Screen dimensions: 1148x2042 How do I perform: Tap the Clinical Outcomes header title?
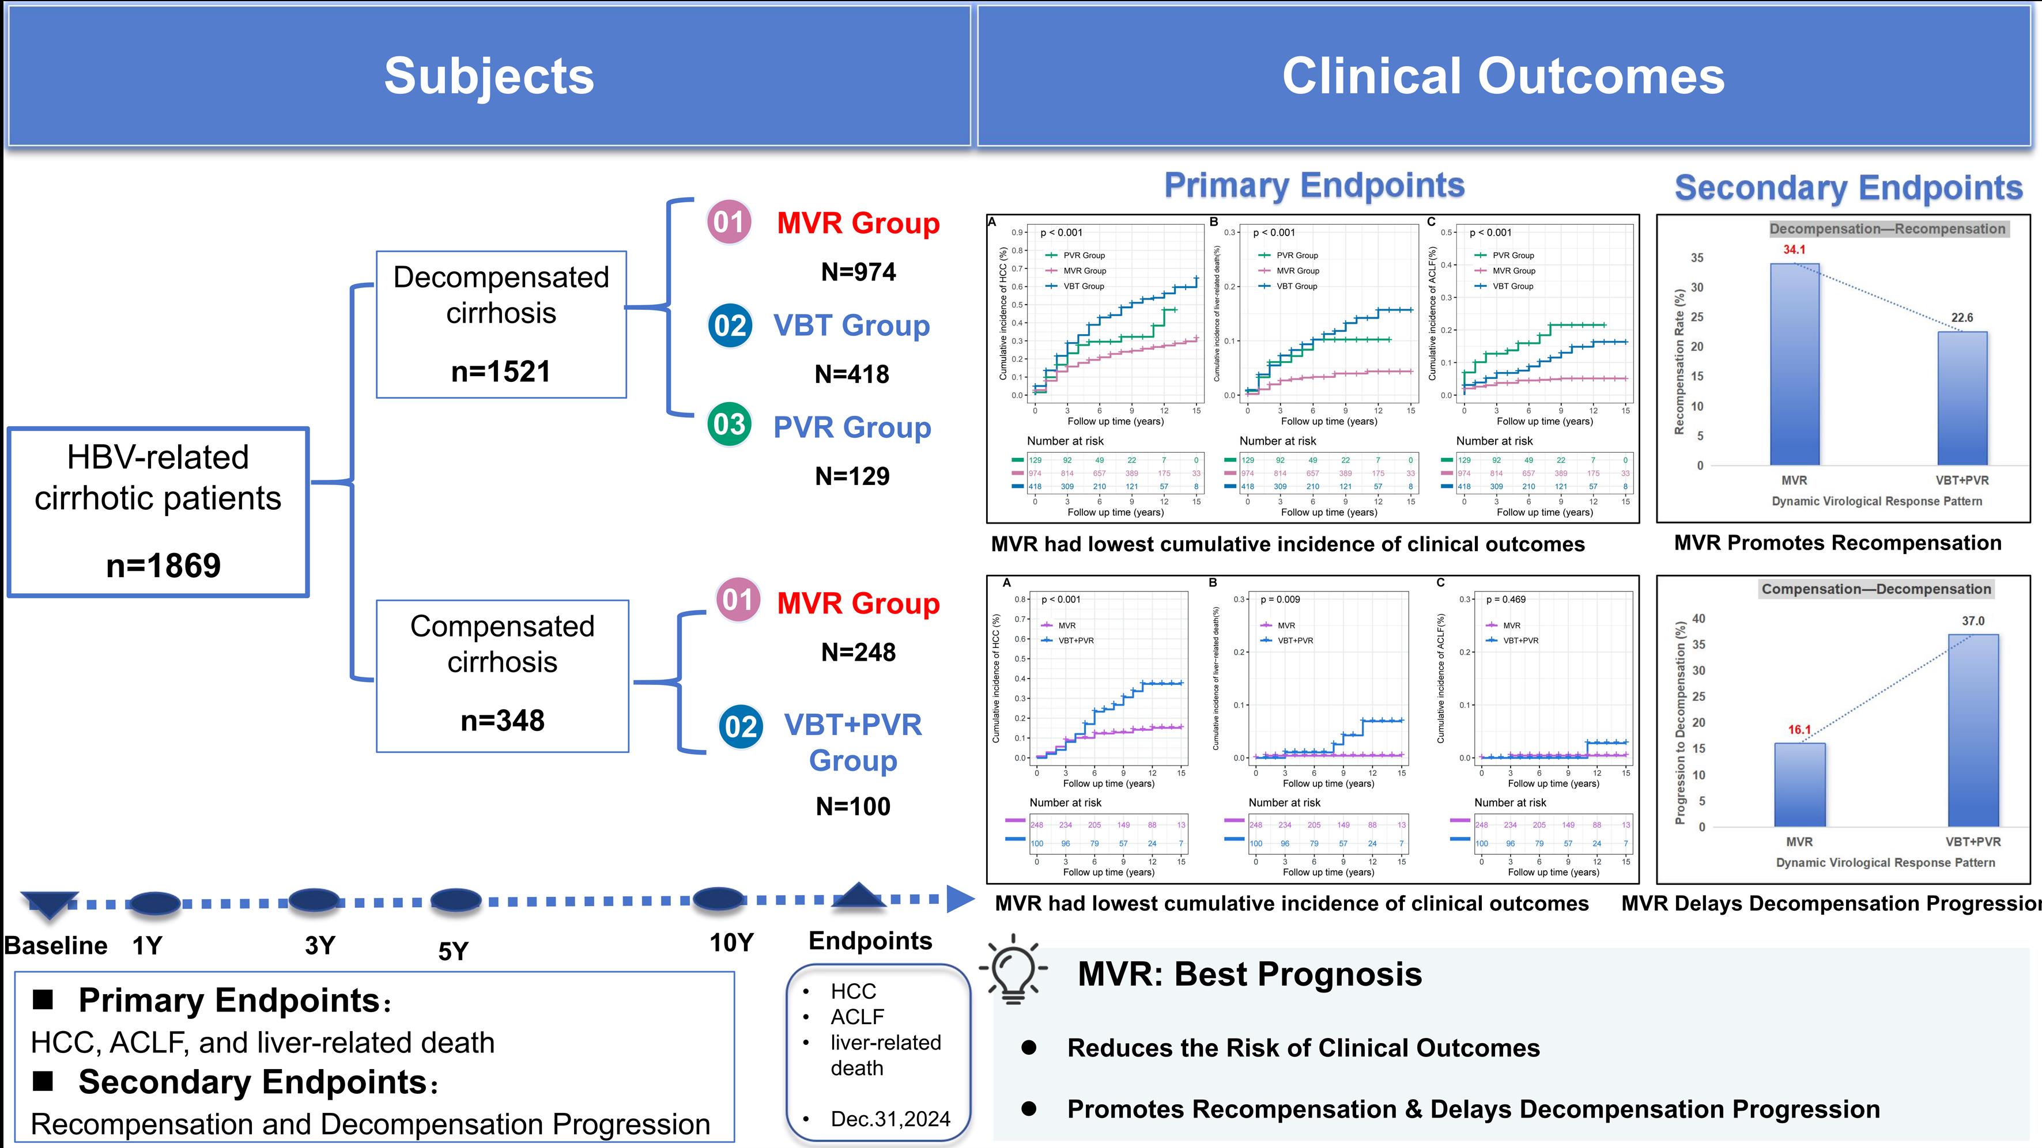point(1503,76)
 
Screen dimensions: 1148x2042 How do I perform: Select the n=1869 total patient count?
point(163,565)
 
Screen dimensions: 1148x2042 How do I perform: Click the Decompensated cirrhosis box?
point(501,324)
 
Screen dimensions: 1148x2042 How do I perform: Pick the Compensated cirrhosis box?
point(502,675)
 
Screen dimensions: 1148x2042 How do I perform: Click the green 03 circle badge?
point(729,425)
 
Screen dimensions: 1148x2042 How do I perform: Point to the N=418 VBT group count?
point(852,374)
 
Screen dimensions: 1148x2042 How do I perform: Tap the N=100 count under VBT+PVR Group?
point(853,806)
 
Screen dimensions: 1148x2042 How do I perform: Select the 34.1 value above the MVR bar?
point(1794,249)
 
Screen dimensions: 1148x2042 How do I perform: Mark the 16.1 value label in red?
point(1799,730)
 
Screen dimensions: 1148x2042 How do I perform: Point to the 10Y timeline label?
point(731,943)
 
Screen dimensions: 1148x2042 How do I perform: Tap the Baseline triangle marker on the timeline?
point(49,904)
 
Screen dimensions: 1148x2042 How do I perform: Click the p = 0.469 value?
point(1505,600)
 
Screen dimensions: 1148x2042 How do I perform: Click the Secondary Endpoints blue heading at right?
point(1848,188)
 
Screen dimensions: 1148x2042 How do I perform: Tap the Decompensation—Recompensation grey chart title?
point(1888,229)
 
